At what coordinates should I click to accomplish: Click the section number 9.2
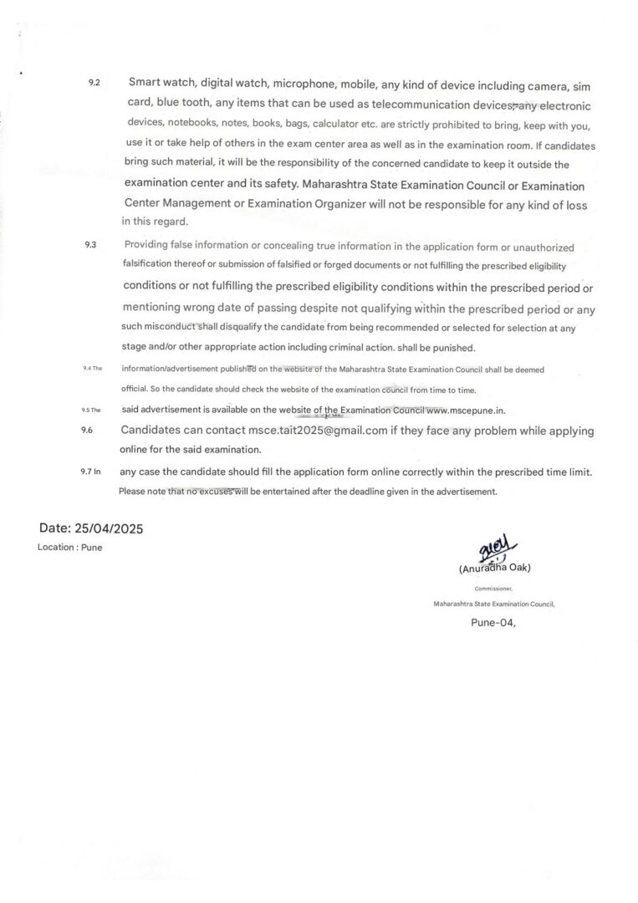[94, 84]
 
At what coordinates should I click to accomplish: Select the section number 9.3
[91, 244]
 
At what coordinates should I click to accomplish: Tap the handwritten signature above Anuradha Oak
[493, 551]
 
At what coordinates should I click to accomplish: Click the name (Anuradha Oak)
[495, 569]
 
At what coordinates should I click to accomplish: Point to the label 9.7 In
[90, 472]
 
